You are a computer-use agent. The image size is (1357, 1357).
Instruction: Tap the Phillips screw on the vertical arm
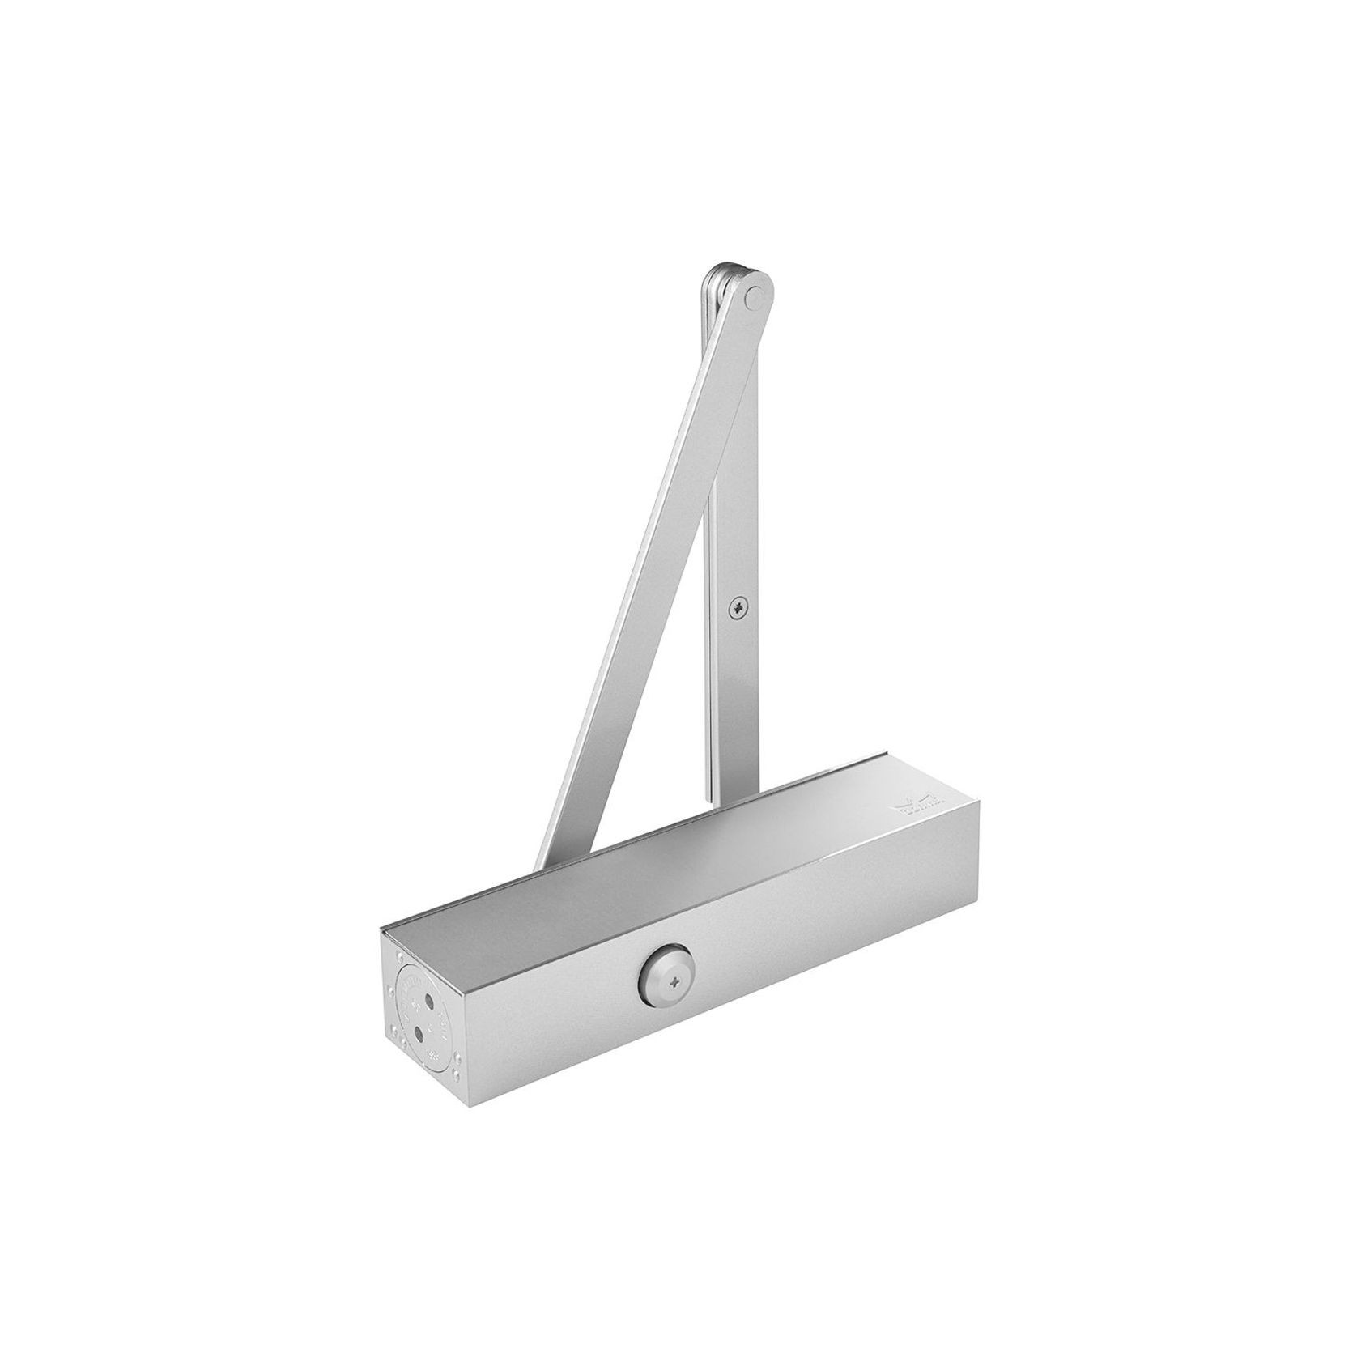[x=738, y=605]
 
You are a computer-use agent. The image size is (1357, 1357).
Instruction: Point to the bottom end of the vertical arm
[x=725, y=802]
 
